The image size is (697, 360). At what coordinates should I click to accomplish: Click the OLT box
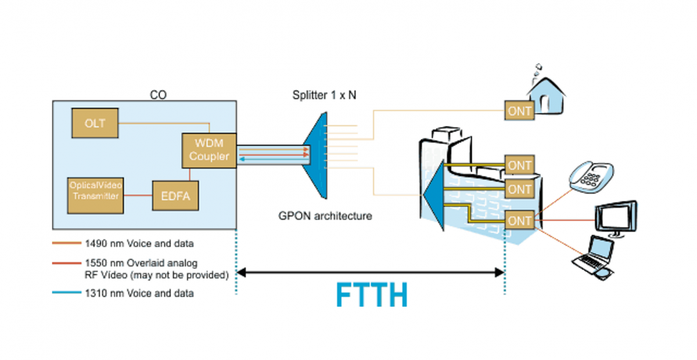95,123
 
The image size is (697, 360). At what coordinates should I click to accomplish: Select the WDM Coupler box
209,150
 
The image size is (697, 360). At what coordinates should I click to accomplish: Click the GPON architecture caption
324,217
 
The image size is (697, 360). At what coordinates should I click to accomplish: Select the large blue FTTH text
372,295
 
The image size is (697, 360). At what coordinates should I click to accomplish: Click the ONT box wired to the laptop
520,221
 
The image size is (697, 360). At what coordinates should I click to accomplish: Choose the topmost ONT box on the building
520,165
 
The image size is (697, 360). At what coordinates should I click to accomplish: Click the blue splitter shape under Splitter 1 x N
314,154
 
